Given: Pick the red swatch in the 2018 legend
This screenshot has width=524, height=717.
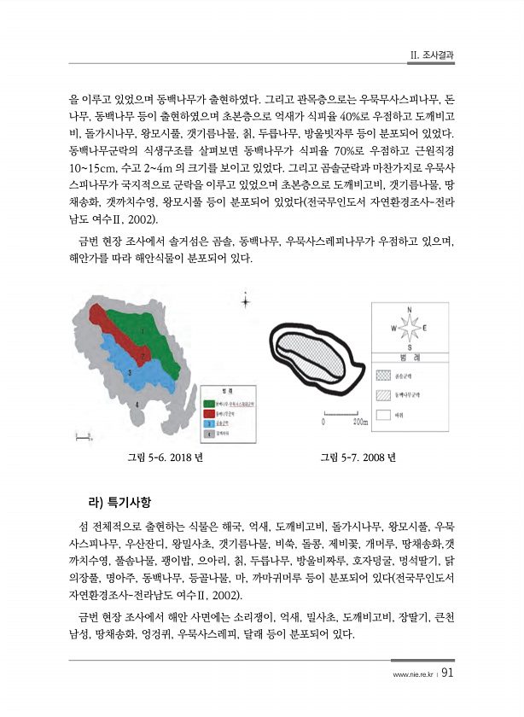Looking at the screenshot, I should pos(207,413).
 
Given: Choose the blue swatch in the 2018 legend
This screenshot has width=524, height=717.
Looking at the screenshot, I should pos(207,424).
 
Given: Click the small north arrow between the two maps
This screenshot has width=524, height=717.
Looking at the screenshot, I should pos(246,300).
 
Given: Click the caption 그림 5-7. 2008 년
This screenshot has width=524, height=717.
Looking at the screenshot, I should pos(358,457).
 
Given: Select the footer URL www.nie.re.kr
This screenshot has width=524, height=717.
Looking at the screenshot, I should pos(412,673).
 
